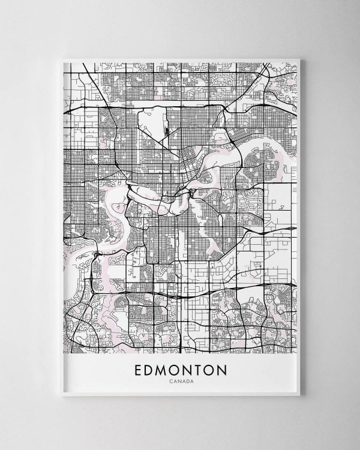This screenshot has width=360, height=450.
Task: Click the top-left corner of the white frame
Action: [62, 59]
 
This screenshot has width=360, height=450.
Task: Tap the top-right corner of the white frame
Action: [299, 59]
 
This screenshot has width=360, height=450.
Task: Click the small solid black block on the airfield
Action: [166, 130]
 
